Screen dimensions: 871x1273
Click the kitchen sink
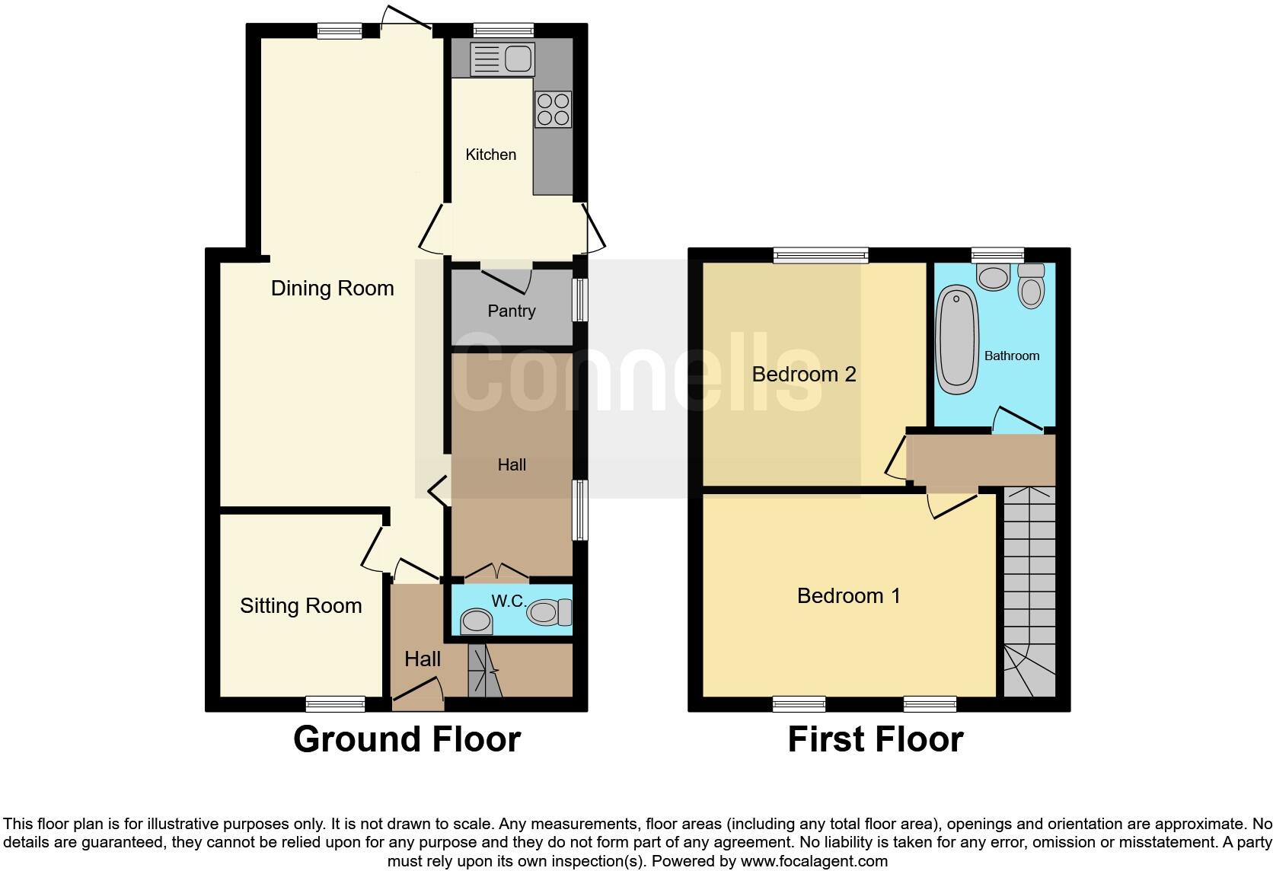click(x=502, y=59)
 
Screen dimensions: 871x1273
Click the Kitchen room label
click(x=490, y=155)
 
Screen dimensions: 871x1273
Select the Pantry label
click(x=512, y=311)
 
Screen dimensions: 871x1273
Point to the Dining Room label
click(x=333, y=289)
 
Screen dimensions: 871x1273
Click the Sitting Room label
click(x=301, y=606)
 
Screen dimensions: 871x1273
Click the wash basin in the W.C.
click(x=477, y=621)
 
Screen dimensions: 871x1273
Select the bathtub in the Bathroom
click(x=957, y=340)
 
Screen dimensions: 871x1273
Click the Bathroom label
click(x=1011, y=356)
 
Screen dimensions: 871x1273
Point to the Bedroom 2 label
click(x=804, y=375)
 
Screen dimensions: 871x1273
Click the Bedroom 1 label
click(x=848, y=596)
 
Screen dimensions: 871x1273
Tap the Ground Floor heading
click(x=407, y=739)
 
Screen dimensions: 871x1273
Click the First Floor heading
click(x=875, y=739)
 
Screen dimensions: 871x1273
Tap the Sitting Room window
click(x=335, y=703)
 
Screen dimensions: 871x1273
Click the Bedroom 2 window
click(x=821, y=255)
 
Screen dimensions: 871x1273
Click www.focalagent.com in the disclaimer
click(x=813, y=862)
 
